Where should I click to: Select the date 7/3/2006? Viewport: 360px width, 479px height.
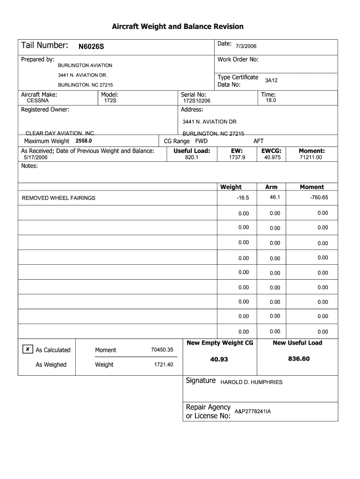(x=245, y=46)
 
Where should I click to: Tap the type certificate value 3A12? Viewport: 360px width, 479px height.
(x=271, y=80)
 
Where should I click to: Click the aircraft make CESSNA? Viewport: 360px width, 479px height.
(x=38, y=101)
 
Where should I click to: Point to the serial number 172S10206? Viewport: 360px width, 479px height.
(x=197, y=101)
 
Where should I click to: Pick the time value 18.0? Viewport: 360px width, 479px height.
(x=271, y=101)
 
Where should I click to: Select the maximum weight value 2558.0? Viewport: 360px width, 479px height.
(x=84, y=141)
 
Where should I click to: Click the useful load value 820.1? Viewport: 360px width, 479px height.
(x=192, y=158)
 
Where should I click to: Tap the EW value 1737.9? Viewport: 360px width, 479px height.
(x=237, y=158)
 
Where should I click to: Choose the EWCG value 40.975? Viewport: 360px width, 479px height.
(x=272, y=158)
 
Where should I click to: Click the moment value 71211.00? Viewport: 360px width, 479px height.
(x=311, y=158)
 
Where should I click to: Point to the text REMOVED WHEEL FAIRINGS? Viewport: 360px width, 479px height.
(x=58, y=198)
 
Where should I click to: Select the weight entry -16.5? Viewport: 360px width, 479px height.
(x=243, y=198)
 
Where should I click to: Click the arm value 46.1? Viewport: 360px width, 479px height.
(x=274, y=197)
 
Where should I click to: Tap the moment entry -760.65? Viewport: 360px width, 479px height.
(x=319, y=197)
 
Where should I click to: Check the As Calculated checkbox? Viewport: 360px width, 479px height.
(x=28, y=349)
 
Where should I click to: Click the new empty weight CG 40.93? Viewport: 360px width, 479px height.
(x=219, y=359)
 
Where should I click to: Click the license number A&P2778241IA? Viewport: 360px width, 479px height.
(x=252, y=411)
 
